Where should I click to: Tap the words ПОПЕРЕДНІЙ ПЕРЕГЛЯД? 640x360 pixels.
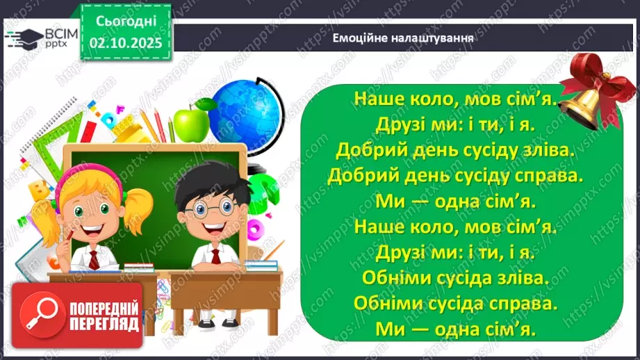(x=103, y=316)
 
